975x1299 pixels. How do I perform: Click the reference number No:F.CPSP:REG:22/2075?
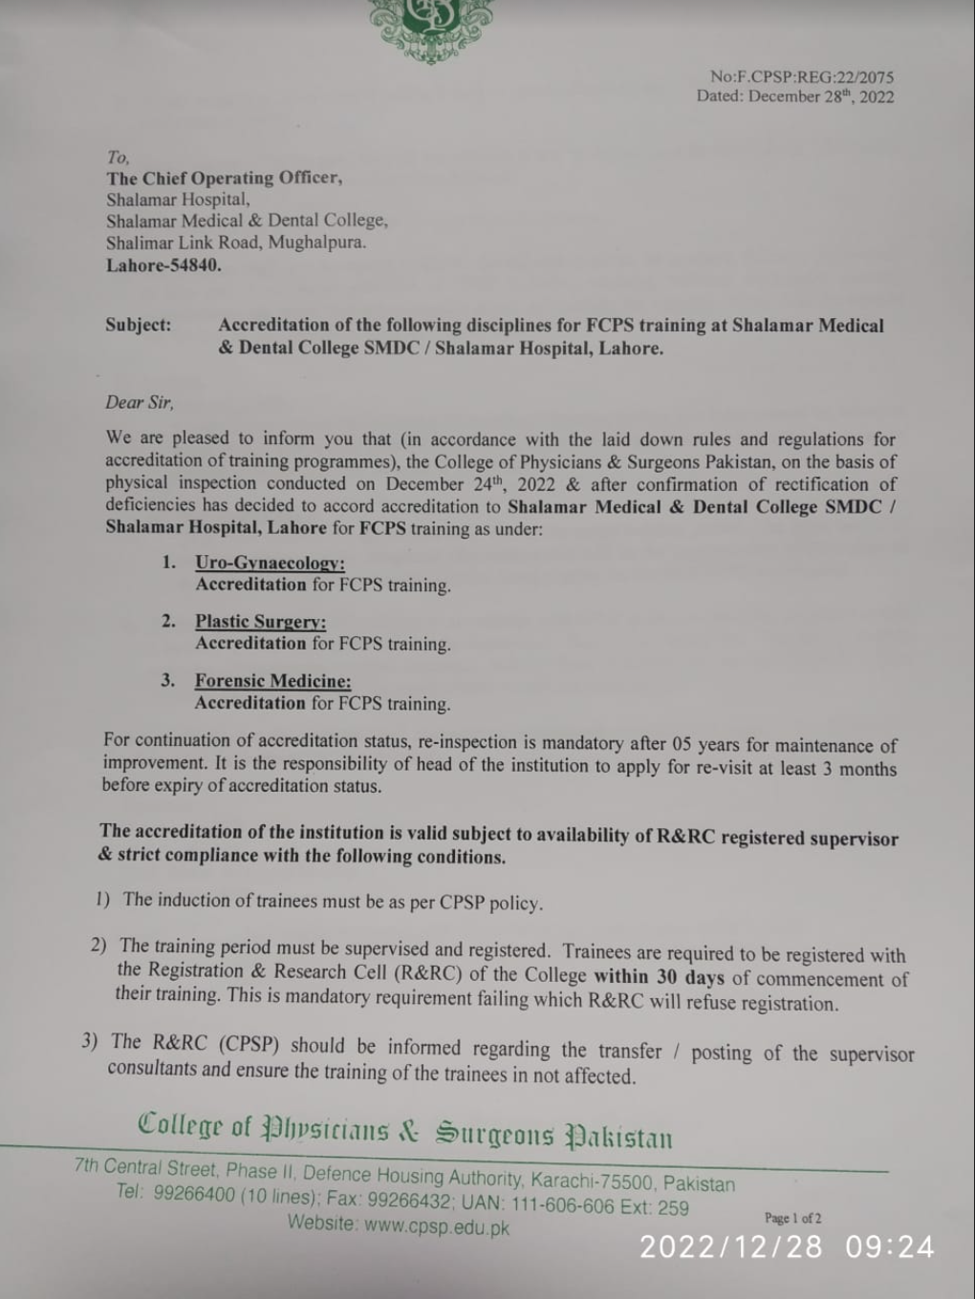pos(802,76)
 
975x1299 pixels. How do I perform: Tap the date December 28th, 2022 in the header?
pos(821,96)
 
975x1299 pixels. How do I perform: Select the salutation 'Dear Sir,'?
pos(140,402)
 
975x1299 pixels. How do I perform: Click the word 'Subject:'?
pos(139,325)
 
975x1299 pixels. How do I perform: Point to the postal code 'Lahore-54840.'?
pos(163,266)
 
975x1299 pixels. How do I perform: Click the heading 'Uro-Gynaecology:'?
pos(270,564)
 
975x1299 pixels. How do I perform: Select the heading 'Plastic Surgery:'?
pos(260,622)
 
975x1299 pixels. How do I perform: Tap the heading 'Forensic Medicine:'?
pos(272,681)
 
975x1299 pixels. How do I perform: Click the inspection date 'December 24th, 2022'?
pos(470,483)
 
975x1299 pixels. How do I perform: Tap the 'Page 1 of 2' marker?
pos(792,1218)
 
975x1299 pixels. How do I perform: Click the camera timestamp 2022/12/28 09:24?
pos(787,1246)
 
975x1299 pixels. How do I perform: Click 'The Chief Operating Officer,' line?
pos(225,178)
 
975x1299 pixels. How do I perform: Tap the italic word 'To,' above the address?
pos(119,157)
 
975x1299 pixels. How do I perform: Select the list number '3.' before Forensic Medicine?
pos(168,680)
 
